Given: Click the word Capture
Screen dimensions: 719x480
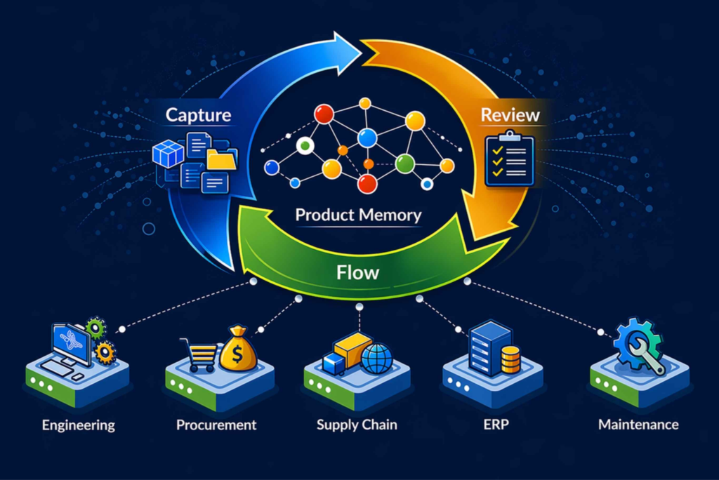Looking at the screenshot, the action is [198, 115].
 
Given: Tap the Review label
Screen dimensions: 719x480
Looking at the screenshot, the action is [510, 115].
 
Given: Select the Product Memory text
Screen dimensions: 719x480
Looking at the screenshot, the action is [358, 215].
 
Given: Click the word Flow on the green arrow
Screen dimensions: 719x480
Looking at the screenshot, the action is [357, 273].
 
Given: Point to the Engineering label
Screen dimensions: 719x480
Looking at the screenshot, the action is [79, 425].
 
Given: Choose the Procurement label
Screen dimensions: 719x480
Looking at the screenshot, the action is [216, 425].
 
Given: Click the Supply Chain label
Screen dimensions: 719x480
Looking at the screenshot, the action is [357, 425].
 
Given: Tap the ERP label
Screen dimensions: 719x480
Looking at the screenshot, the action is [496, 425].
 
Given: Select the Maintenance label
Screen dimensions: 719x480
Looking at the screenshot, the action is [638, 425].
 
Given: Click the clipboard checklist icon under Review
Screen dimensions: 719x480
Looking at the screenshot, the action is [510, 159].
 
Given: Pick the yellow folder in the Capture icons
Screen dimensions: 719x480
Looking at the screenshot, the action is [222, 159].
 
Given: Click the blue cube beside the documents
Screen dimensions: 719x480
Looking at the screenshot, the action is [169, 153].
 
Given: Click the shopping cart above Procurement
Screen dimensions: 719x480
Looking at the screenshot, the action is [200, 354].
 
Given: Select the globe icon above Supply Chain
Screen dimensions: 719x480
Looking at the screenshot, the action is [377, 359].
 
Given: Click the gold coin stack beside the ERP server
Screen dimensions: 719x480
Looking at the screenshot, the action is [510, 359].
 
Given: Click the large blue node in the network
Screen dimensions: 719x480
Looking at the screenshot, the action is [367, 138].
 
